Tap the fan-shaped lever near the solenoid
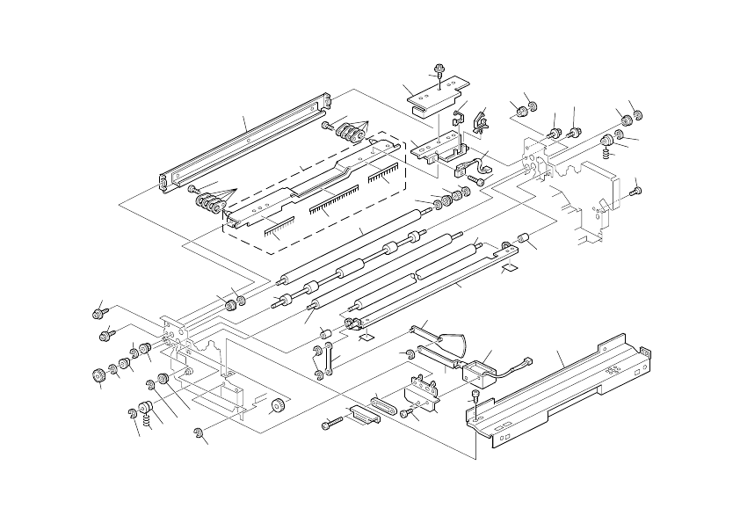click(x=451, y=343)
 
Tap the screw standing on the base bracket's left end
click(x=475, y=405)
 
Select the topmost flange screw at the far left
click(x=98, y=312)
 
